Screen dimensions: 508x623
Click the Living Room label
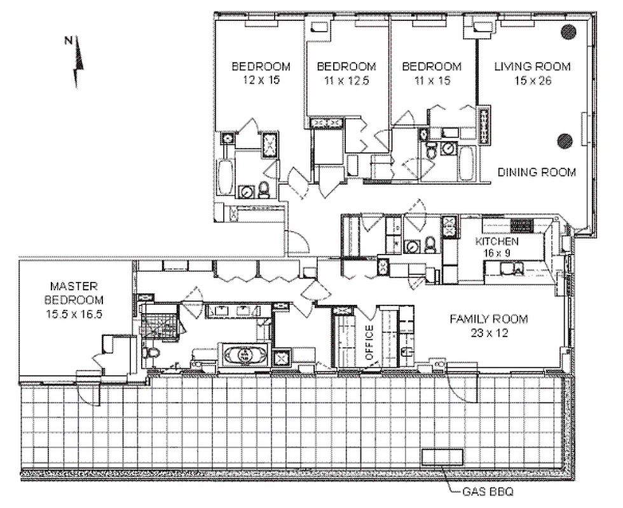tap(533, 66)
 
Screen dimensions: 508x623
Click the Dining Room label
tap(537, 172)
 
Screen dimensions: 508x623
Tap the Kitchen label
tap(497, 241)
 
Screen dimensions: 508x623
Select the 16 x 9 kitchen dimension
tap(497, 252)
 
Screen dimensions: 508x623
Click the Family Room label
tap(488, 319)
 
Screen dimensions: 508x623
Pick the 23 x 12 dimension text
tap(488, 331)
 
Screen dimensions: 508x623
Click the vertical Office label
tap(369, 344)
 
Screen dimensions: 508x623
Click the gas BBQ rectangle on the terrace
tap(444, 457)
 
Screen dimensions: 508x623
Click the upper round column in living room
tap(568, 31)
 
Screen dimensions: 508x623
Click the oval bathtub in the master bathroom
tap(245, 354)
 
